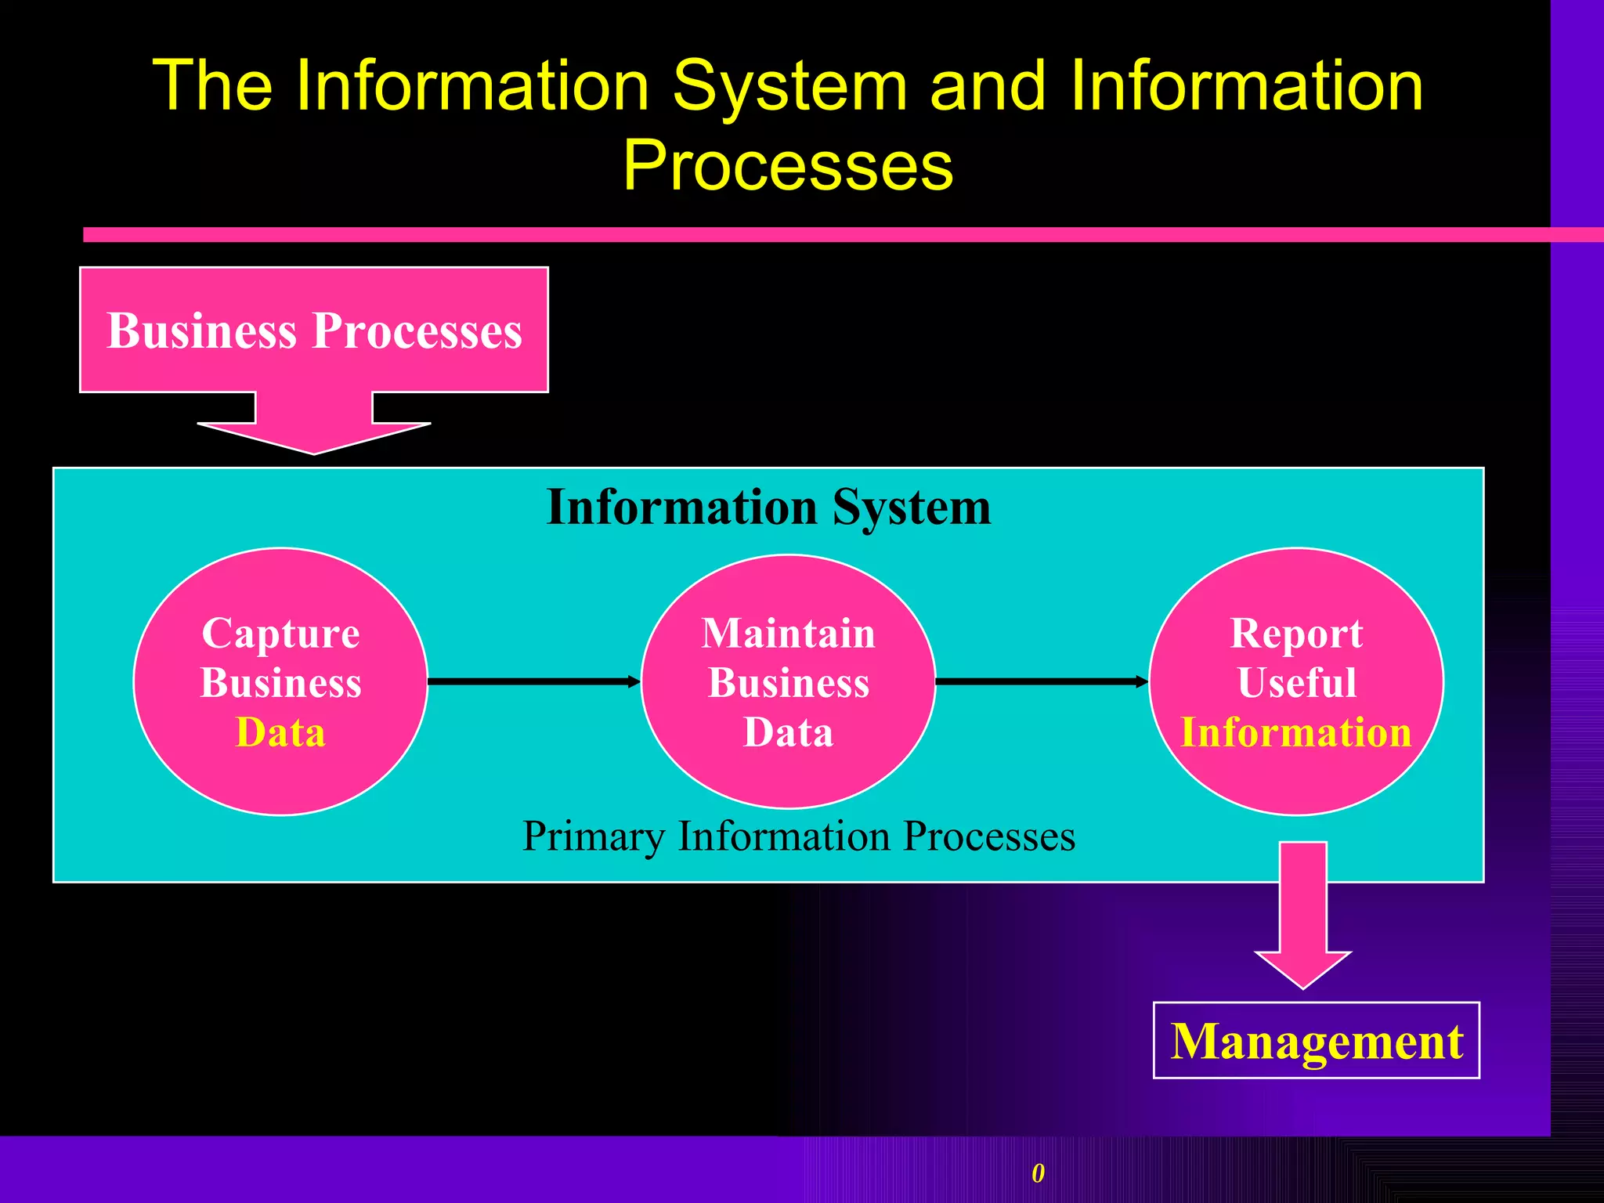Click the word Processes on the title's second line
click(788, 166)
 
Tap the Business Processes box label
click(314, 331)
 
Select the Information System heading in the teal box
click(768, 508)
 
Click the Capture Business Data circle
click(280, 681)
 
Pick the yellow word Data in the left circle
click(280, 733)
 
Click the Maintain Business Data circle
click(788, 681)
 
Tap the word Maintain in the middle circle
click(788, 633)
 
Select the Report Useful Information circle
click(1296, 681)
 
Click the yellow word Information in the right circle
click(1296, 733)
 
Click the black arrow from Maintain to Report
click(1042, 681)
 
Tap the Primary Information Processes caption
click(799, 836)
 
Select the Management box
click(1317, 1041)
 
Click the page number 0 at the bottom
click(1038, 1173)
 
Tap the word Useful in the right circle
click(1297, 682)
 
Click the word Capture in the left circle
click(280, 633)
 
